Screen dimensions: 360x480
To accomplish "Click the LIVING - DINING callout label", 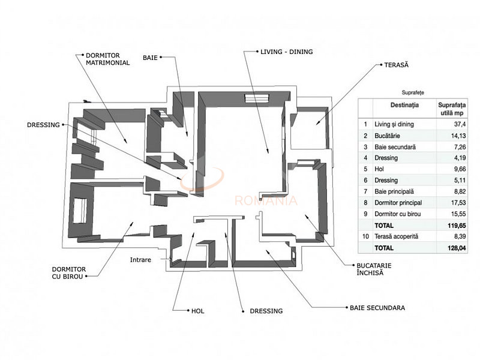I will click(x=286, y=52).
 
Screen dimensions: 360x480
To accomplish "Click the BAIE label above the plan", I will click(x=151, y=58).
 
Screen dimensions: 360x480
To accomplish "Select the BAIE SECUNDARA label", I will click(x=377, y=308).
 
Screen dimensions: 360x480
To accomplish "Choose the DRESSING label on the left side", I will click(x=44, y=125).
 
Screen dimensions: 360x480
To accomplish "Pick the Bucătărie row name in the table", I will click(x=391, y=135).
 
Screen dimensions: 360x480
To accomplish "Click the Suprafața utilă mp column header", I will click(x=453, y=107).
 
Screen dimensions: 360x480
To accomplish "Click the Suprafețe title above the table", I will click(x=413, y=92).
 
